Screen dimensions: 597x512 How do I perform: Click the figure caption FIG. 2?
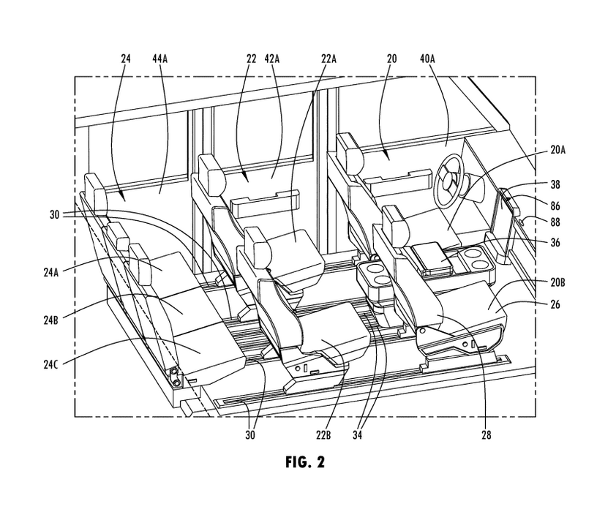(305, 462)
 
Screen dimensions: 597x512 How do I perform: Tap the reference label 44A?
(160, 59)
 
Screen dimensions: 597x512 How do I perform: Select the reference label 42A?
(272, 59)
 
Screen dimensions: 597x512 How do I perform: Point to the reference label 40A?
(427, 59)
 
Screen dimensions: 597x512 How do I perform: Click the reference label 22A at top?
(328, 59)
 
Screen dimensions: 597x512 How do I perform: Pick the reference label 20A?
(557, 151)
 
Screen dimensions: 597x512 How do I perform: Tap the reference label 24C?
(50, 364)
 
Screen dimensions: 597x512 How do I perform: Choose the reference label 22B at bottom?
(323, 434)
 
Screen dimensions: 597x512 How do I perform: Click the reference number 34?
(357, 434)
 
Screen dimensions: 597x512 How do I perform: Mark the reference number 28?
(487, 434)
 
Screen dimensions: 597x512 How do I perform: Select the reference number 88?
(555, 222)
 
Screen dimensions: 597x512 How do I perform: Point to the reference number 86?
(555, 206)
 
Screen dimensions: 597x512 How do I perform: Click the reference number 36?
(555, 242)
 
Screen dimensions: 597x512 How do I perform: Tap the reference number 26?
(555, 304)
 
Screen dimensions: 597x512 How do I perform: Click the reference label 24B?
(50, 320)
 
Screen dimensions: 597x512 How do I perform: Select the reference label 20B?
(557, 282)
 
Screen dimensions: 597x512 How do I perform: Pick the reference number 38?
(555, 184)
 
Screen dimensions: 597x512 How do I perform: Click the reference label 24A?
(50, 273)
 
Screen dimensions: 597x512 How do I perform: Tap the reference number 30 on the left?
(54, 215)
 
